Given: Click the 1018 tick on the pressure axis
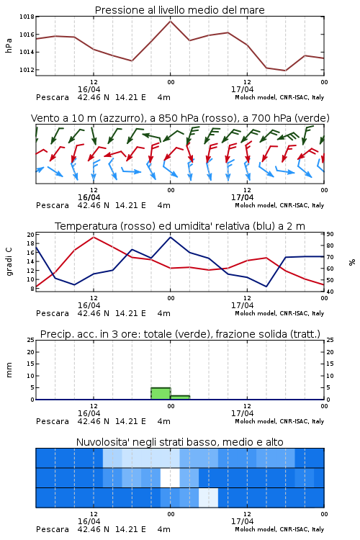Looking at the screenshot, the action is [27, 17].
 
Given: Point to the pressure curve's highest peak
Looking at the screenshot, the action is [170, 21].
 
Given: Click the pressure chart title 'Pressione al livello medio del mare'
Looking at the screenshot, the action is [180, 10].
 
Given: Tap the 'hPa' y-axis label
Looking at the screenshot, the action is [9, 46].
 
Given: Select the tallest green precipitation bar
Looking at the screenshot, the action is [161, 393].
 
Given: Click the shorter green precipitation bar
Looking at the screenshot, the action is [180, 397].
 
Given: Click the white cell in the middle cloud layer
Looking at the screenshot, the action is [170, 477].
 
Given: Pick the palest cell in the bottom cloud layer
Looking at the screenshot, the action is [208, 498].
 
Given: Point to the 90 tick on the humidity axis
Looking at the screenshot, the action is [330, 234].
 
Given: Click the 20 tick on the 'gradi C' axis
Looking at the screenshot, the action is [31, 235].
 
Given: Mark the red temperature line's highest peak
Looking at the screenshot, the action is [94, 237].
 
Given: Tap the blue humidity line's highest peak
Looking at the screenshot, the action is [170, 237].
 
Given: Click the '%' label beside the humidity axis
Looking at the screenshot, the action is [352, 262].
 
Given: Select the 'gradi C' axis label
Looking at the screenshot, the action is [9, 262].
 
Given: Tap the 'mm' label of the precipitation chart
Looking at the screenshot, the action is [9, 370].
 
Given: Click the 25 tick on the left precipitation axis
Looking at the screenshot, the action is [31, 340].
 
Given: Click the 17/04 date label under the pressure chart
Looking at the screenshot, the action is [242, 89].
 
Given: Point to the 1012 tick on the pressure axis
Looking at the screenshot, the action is [27, 70].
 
